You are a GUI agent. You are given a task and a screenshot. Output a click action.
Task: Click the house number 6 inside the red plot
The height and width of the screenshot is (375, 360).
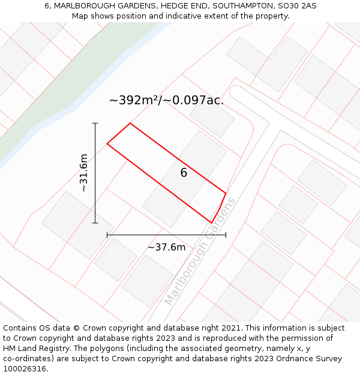click(x=184, y=173)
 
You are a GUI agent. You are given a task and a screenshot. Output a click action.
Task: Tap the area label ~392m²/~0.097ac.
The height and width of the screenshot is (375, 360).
click(x=166, y=100)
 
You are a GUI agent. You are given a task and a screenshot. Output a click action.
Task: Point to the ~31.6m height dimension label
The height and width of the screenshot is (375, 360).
click(x=83, y=173)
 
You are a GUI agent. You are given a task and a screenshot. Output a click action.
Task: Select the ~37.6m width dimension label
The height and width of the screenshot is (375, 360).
click(x=166, y=247)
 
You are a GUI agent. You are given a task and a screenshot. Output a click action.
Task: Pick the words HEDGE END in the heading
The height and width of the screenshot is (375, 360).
click(x=183, y=6)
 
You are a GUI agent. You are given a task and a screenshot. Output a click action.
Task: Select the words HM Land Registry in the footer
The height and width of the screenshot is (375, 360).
click(x=37, y=349)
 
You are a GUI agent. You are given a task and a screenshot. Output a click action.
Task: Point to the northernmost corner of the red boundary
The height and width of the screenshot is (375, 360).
click(x=130, y=124)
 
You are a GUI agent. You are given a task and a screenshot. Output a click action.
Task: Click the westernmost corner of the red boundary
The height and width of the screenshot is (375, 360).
click(x=107, y=144)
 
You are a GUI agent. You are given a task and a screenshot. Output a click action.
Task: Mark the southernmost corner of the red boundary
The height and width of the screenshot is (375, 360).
click(x=211, y=223)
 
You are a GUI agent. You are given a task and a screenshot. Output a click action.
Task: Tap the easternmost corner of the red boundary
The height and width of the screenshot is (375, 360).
click(x=226, y=193)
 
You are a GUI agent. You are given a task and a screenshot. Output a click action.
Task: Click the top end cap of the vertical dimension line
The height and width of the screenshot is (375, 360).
click(x=95, y=123)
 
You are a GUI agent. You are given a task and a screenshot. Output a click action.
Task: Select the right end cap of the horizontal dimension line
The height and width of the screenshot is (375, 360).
click(x=226, y=235)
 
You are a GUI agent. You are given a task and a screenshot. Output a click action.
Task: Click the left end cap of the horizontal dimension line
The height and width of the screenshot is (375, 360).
click(x=107, y=235)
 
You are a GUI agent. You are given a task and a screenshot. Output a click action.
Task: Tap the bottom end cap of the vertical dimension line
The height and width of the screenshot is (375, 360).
click(x=95, y=223)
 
